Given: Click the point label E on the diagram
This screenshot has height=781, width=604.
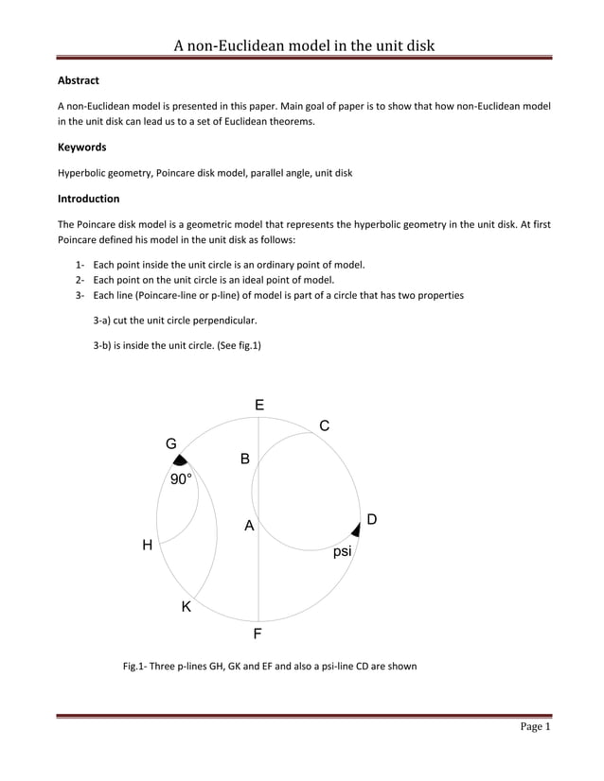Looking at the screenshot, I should pos(259,405).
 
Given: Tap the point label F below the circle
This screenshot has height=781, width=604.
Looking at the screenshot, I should pos(258,633).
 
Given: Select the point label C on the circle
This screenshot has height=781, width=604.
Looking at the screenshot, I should pos(324,426).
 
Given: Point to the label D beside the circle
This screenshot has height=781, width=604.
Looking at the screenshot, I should pos(372,519).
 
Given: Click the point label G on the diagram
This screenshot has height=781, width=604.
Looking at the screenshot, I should pos(171,443).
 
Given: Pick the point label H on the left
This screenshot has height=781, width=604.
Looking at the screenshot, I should pos(147,545).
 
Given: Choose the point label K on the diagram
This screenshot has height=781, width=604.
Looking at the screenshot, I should pos(187,607).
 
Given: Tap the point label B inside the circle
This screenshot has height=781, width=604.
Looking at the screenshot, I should pos(244,460).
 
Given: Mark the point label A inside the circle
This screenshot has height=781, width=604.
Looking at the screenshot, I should pos(249,526).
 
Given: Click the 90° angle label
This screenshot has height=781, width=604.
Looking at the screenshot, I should pos(181,479).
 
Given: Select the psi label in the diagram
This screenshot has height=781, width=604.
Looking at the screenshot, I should pos(342,551).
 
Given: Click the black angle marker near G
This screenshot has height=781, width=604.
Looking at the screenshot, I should pos(178,460).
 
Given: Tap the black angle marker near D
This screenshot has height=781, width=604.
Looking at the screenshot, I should pos(356,529).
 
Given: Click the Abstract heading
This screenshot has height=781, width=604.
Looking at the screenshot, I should pos(79,80).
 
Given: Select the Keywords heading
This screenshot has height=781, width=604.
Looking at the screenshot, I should pos(81,147).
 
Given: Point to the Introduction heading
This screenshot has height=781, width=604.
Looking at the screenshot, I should pos(88,199).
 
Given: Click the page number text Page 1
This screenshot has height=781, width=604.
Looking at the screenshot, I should pos(534,726).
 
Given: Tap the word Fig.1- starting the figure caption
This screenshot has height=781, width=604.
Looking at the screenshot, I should pos(139,667).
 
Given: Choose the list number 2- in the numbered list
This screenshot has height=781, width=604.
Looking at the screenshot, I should pos(81,280).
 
